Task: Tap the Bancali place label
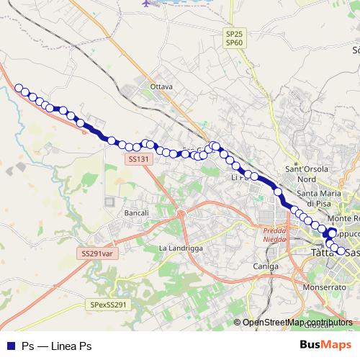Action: pyautogui.click(x=136, y=213)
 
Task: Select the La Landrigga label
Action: pyautogui.click(x=180, y=249)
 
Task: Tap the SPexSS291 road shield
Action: pyautogui.click(x=109, y=305)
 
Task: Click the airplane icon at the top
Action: pyautogui.click(x=148, y=4)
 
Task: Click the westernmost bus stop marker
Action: pyautogui.click(x=19, y=89)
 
